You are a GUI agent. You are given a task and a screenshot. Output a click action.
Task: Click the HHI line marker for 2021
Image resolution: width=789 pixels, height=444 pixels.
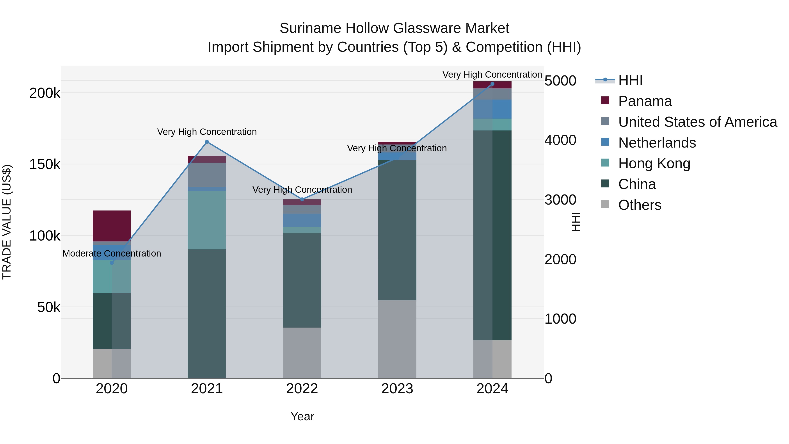tap(207, 142)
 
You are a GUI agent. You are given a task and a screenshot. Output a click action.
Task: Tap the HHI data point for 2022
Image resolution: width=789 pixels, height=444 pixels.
tap(302, 200)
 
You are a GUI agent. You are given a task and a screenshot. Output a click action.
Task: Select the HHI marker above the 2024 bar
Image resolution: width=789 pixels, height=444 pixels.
tap(492, 84)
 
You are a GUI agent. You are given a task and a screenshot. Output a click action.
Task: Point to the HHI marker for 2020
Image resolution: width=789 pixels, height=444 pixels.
tap(112, 263)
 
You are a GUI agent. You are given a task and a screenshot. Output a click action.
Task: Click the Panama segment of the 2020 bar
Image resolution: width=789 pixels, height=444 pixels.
tap(112, 226)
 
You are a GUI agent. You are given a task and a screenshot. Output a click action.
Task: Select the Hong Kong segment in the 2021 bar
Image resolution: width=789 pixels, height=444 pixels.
tap(207, 220)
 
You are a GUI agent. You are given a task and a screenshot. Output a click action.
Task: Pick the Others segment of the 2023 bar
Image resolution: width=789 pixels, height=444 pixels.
tap(397, 339)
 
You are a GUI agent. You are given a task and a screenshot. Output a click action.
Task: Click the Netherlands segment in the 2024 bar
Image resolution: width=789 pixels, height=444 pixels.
tap(492, 109)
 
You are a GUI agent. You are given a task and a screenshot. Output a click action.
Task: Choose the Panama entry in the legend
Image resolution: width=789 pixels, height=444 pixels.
tap(645, 101)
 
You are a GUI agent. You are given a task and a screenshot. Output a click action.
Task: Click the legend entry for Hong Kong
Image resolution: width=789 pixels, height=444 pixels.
tap(654, 163)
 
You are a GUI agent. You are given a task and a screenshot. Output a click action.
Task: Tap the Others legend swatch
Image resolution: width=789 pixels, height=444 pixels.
tap(605, 204)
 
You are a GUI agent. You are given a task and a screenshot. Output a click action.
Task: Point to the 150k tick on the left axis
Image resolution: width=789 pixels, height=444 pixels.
tap(45, 164)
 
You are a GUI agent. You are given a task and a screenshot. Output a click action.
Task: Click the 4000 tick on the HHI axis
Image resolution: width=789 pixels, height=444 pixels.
tap(560, 140)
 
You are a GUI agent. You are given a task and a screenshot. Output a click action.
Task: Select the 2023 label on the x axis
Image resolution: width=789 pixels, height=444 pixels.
tap(397, 389)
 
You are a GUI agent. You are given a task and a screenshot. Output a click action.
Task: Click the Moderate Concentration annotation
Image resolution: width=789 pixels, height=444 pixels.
tap(112, 253)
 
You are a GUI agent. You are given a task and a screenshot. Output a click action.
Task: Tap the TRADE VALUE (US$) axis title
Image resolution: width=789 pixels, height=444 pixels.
tap(7, 222)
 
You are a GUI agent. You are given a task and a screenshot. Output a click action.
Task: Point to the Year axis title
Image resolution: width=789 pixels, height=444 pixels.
tap(302, 416)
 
